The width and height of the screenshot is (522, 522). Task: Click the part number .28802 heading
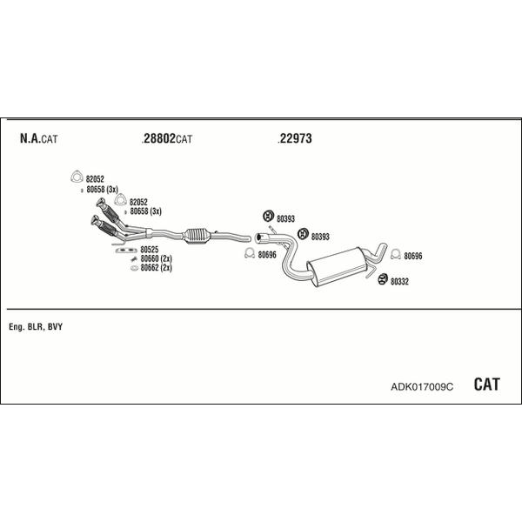[158, 138]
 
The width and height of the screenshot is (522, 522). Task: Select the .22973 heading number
[295, 138]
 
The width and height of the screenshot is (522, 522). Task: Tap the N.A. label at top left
[30, 138]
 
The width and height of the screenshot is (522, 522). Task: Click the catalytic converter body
[197, 236]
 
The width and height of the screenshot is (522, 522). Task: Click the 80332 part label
[399, 282]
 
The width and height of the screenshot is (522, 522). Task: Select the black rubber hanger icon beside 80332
[383, 279]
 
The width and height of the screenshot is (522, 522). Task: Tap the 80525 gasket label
[150, 250]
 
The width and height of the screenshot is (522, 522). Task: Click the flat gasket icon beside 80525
[126, 251]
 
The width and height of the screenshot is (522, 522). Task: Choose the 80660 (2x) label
[156, 258]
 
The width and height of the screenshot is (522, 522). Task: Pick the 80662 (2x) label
[156, 268]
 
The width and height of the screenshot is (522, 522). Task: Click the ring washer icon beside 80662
[134, 268]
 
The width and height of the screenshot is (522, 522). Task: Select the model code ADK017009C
[422, 387]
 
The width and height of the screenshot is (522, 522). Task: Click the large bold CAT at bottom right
[486, 385]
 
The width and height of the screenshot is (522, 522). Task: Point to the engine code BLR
[35, 327]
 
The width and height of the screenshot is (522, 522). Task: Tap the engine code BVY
[55, 327]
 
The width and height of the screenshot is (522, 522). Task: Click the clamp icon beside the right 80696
[396, 254]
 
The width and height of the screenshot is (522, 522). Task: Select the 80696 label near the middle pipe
[267, 255]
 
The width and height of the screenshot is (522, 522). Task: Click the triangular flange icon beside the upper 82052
[77, 177]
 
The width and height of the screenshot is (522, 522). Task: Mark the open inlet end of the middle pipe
[258, 238]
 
